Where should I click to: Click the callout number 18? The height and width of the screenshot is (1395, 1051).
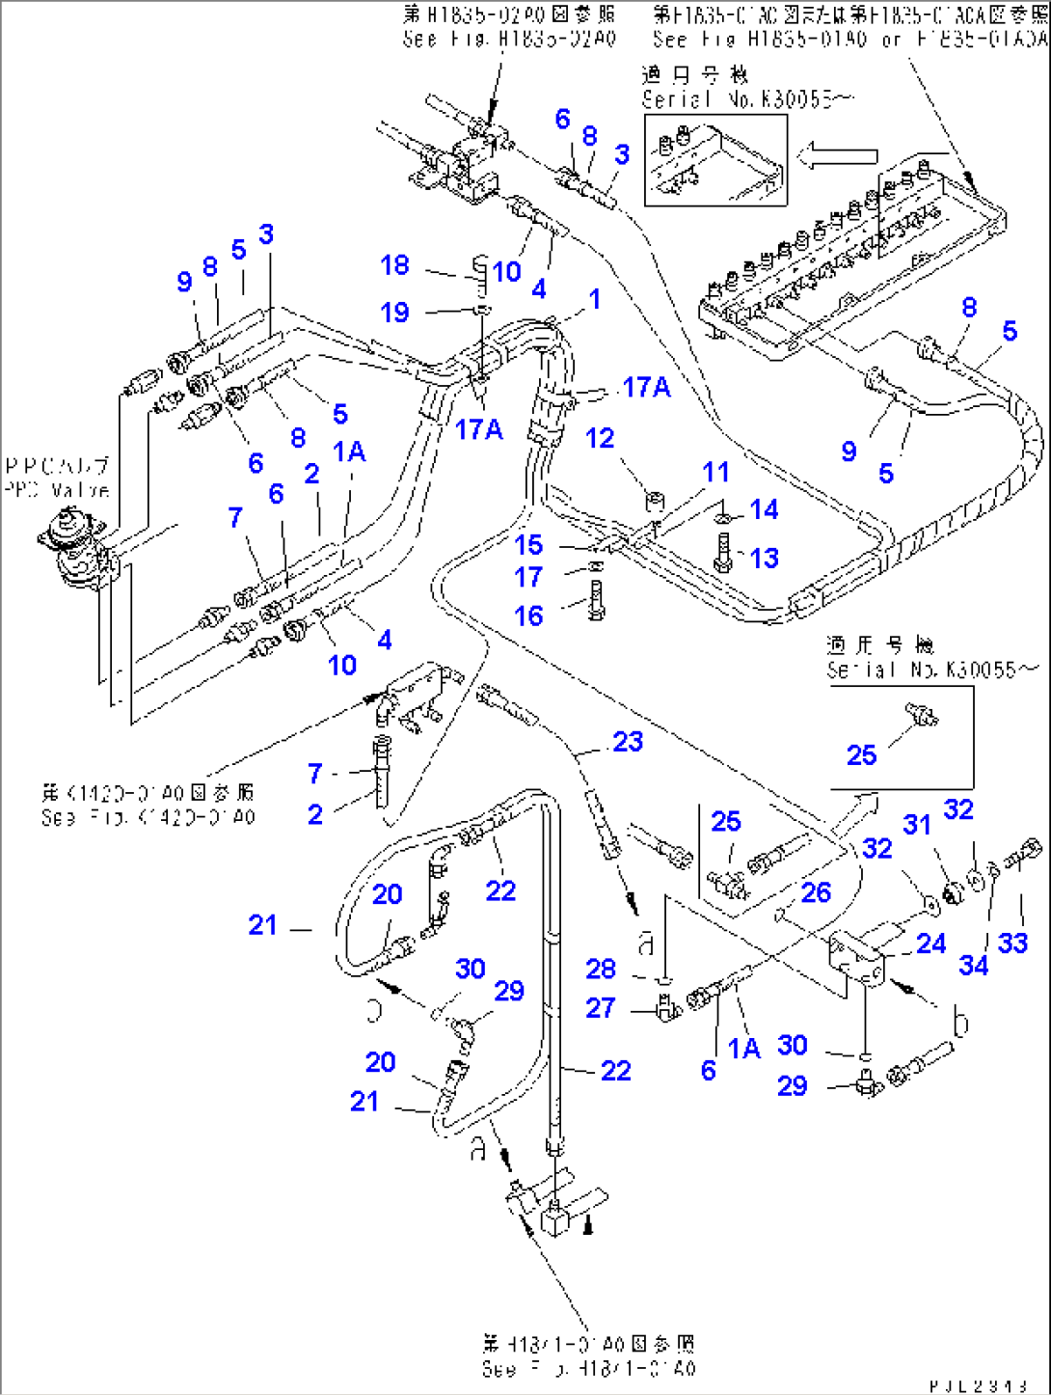pyautogui.click(x=394, y=265)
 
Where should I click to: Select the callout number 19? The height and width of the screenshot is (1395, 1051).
pyautogui.click(x=394, y=313)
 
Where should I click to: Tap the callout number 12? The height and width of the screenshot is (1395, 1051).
pyautogui.click(x=600, y=439)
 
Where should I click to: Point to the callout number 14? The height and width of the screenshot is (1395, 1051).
pyautogui.click(x=764, y=509)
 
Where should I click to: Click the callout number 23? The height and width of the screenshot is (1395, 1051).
pyautogui.click(x=628, y=742)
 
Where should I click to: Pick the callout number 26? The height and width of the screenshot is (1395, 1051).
pyautogui.click(x=816, y=892)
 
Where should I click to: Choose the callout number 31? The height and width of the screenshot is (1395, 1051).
pyautogui.click(x=917, y=825)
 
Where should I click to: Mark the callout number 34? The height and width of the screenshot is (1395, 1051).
pyautogui.click(x=974, y=965)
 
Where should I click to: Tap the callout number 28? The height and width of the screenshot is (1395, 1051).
pyautogui.click(x=601, y=969)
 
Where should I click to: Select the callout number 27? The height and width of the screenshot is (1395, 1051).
pyautogui.click(x=601, y=1008)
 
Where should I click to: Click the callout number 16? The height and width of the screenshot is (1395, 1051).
pyautogui.click(x=528, y=616)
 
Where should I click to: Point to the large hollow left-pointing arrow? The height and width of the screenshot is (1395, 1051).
pyautogui.click(x=843, y=155)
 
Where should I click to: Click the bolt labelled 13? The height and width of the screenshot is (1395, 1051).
pyautogui.click(x=722, y=554)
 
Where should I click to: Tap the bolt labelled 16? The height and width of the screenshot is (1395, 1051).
pyautogui.click(x=595, y=601)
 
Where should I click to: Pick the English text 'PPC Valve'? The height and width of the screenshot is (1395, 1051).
pyautogui.click(x=57, y=490)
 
